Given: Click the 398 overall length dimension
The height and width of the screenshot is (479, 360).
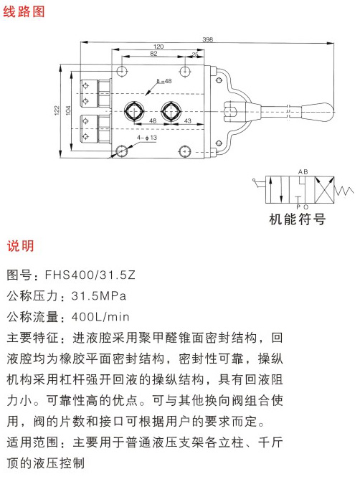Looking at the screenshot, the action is (x=207, y=39).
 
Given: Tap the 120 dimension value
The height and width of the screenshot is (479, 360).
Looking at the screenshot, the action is (x=158, y=47).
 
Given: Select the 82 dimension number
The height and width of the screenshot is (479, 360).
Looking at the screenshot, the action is (x=153, y=54).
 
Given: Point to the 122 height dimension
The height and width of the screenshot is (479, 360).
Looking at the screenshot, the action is (x=57, y=110).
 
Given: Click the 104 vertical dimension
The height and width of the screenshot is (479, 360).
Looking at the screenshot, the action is (x=68, y=110).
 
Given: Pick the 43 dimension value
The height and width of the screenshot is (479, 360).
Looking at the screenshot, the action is (x=188, y=121).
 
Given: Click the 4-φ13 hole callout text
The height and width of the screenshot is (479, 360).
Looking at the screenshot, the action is (x=147, y=138).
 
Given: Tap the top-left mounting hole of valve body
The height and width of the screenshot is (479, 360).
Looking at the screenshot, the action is (x=122, y=71).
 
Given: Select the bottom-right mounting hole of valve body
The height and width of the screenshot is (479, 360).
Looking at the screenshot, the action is (x=185, y=151).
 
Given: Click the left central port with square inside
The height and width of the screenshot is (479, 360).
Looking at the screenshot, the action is (x=134, y=111).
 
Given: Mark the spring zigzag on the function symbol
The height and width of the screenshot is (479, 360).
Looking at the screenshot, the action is (x=344, y=191).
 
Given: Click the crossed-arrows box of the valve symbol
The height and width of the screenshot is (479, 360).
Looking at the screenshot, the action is (x=324, y=190).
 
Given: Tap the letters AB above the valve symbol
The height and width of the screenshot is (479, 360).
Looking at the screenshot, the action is (x=303, y=172).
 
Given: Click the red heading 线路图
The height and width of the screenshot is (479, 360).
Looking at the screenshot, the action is (x=24, y=11).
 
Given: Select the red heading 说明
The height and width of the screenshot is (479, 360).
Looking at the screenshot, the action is (x=20, y=246).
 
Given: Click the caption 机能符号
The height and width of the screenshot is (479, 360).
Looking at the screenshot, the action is (x=297, y=219).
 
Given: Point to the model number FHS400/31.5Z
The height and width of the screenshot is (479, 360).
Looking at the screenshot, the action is (x=90, y=275).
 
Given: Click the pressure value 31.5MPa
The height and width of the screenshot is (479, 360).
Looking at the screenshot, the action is (x=99, y=295).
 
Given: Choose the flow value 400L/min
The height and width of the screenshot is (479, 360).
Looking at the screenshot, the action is (x=100, y=316).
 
